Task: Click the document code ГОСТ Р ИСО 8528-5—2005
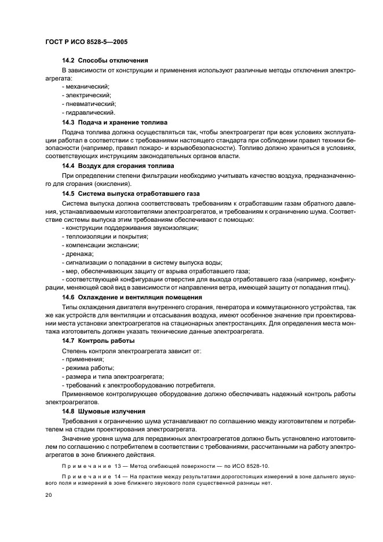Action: click(86, 42)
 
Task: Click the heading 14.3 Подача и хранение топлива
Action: click(115, 123)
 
